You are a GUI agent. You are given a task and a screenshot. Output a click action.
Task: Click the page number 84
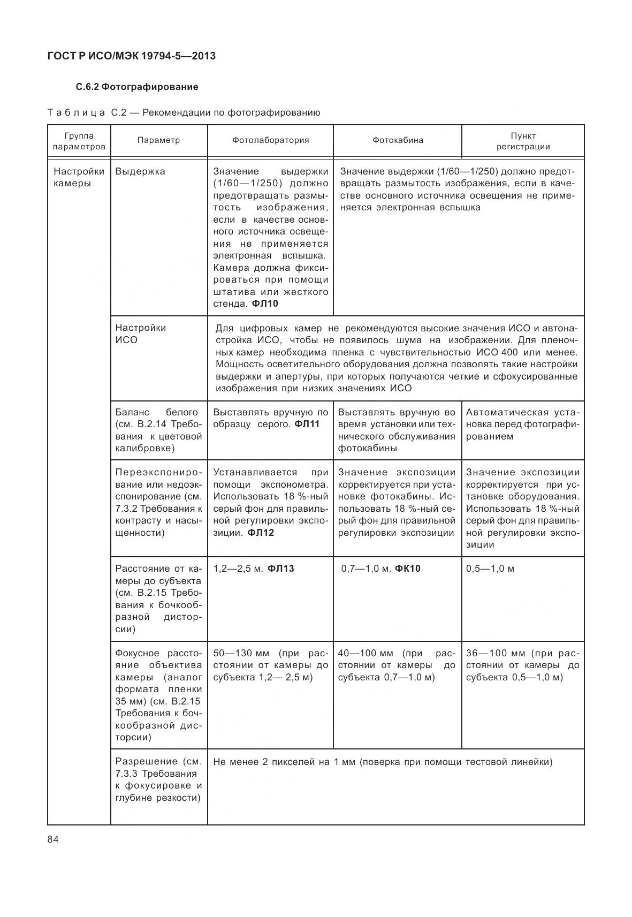pyautogui.click(x=53, y=839)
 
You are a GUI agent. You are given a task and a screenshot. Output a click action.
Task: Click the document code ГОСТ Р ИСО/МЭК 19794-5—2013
pyautogui.click(x=132, y=56)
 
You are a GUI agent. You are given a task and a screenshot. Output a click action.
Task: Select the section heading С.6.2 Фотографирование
pyautogui.click(x=137, y=87)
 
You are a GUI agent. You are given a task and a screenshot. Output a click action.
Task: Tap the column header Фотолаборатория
pyautogui.click(x=270, y=140)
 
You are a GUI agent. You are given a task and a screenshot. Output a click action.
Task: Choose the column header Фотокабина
pyautogui.click(x=398, y=140)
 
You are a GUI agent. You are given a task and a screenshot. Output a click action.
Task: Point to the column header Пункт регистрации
pyautogui.click(x=523, y=141)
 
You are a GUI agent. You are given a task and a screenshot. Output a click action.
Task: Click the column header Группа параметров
pyautogui.click(x=79, y=141)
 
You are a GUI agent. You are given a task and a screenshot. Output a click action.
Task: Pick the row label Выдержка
pyautogui.click(x=140, y=171)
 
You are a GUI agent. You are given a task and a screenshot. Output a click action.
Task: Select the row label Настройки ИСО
pyautogui.click(x=141, y=334)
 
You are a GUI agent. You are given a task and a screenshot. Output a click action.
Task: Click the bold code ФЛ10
pyautogui.click(x=265, y=304)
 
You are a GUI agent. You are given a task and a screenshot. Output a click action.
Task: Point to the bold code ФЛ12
pyautogui.click(x=261, y=533)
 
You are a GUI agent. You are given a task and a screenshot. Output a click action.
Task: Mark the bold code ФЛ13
pyautogui.click(x=280, y=569)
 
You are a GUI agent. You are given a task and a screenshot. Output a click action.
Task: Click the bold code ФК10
pyautogui.click(x=408, y=569)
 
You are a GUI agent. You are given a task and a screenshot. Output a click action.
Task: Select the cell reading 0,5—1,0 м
pyautogui.click(x=490, y=569)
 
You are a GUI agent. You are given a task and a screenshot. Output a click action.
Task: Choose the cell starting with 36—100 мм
pyautogui.click(x=522, y=665)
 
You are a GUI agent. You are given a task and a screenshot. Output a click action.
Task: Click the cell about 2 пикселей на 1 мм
pyautogui.click(x=383, y=762)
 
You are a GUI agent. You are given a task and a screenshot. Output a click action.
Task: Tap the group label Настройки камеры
pyautogui.click(x=79, y=177)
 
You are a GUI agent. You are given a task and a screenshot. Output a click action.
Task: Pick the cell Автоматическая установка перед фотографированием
pyautogui.click(x=522, y=424)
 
